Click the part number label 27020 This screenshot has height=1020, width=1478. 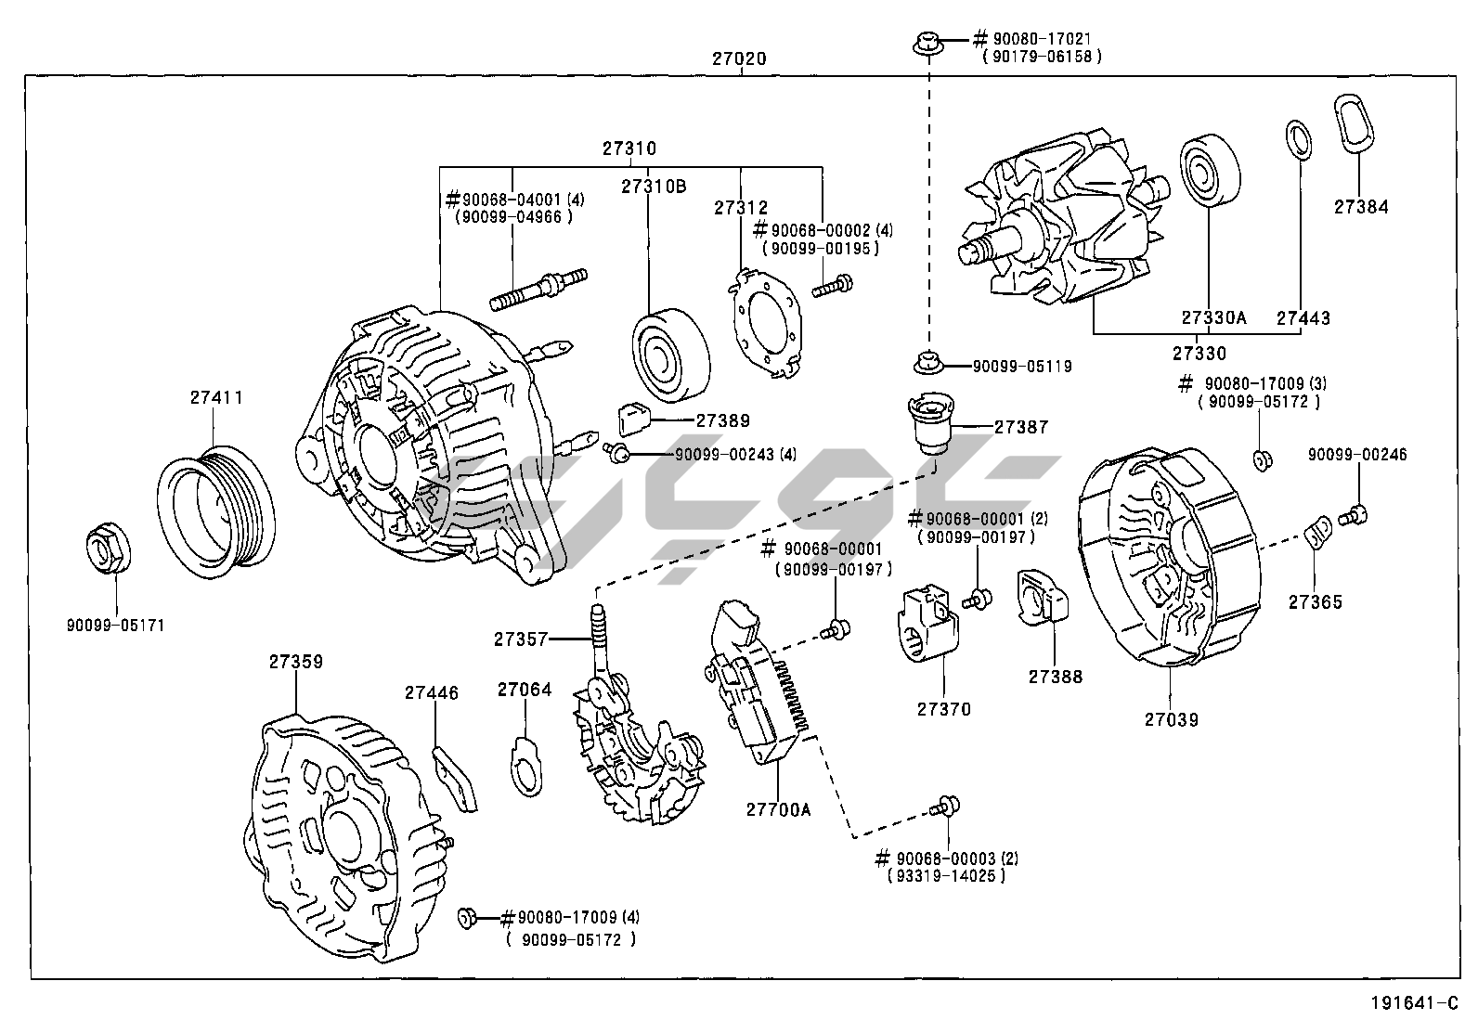point(739,58)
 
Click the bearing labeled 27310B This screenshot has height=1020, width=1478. point(670,353)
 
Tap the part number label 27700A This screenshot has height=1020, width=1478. point(778,809)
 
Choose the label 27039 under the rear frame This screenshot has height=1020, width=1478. point(1171,719)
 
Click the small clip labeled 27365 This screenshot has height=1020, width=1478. point(1316,533)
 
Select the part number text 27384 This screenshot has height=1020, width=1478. point(1361,207)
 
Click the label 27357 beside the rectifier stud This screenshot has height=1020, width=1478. point(520,639)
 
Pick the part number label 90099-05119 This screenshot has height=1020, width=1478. point(1021,367)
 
